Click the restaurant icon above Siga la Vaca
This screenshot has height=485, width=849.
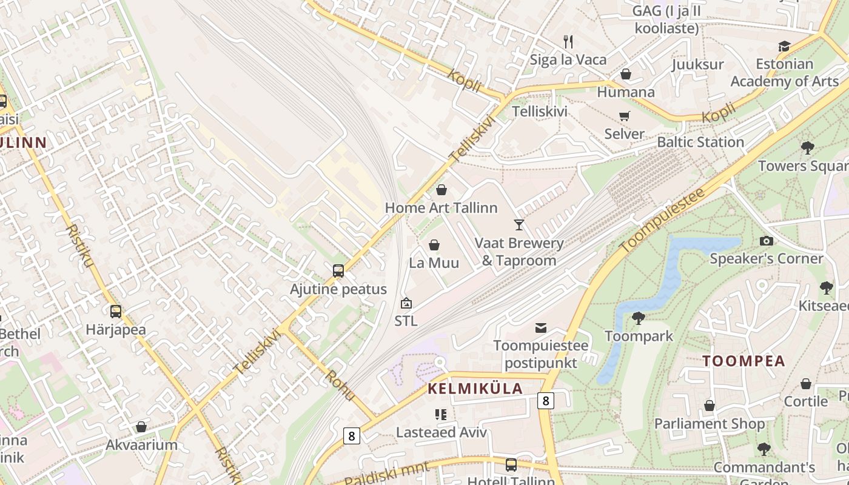pos(568,41)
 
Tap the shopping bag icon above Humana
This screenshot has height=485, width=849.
pos(626,74)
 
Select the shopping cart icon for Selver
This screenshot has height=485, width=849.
pos(624,116)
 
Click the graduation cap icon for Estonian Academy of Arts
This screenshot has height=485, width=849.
pos(784,46)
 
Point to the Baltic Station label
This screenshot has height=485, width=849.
pos(700,142)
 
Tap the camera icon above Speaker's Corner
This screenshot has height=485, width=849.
pos(766,241)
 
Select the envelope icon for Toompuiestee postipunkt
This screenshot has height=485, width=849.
pos(540,328)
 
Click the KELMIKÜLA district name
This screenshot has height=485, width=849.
pos(475,389)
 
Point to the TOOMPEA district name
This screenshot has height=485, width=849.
pos(743,361)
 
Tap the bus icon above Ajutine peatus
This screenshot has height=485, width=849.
pos(338,271)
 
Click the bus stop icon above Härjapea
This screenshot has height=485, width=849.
pos(115,312)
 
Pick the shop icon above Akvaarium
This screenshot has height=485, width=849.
pos(141,427)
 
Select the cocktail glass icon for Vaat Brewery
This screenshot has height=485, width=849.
pos(518,225)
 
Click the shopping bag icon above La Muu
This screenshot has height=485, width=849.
pos(434,245)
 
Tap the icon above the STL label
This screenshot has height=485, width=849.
pos(406,303)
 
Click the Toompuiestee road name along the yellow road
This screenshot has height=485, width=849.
pos(662,220)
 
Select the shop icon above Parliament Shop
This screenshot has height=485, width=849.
pos(709,406)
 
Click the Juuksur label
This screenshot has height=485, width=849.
pos(697,64)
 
